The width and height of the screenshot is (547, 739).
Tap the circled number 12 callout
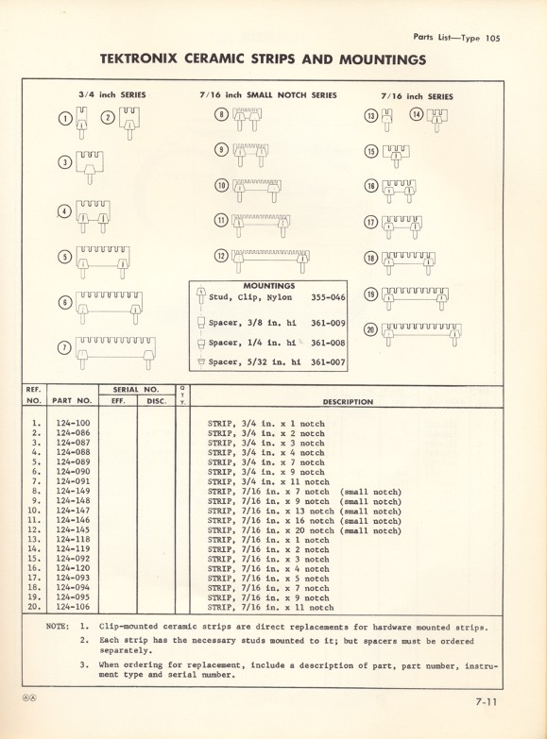coord(221,257)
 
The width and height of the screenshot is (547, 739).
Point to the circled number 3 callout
coord(65,161)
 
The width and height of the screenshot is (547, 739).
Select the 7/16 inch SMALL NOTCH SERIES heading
coord(267,95)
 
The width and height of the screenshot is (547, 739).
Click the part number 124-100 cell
coord(73,424)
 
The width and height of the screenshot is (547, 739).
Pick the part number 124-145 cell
coord(73,530)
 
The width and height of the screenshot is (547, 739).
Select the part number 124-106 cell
coord(73,608)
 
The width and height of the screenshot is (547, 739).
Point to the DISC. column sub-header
coord(156,401)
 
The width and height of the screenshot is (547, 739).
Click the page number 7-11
coord(488,701)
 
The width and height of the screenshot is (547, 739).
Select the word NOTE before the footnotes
coord(58,626)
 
